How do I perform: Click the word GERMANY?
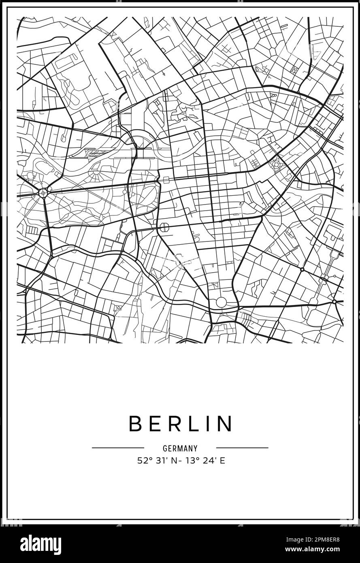(x=180, y=448)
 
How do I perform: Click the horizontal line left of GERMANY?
(x=118, y=448)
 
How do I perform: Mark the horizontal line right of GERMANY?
(x=242, y=448)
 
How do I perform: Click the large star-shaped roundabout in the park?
(x=43, y=192)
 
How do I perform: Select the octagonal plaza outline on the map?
(x=164, y=227)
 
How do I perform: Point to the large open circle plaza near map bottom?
(x=221, y=302)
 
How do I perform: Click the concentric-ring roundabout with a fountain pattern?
(x=277, y=164)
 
